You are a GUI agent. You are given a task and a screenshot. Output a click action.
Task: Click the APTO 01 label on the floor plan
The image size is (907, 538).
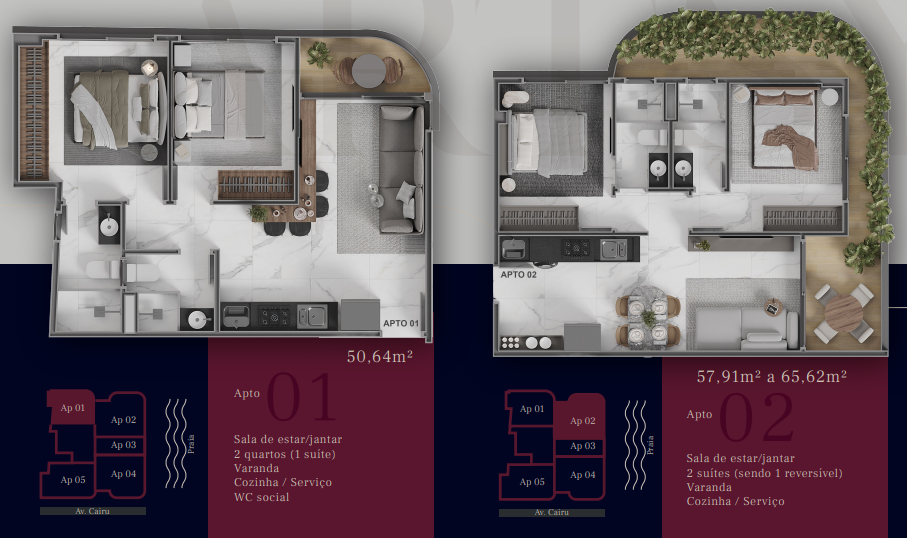click(x=401, y=323)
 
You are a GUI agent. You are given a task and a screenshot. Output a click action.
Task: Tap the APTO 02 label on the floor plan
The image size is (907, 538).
click(x=518, y=275)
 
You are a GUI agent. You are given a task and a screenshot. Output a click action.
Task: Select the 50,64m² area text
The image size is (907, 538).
click(x=379, y=356)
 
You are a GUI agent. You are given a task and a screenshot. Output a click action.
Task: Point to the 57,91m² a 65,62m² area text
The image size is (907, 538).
click(x=772, y=377)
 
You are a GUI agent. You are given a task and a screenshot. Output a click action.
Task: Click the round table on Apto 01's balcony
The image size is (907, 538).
click(x=368, y=71)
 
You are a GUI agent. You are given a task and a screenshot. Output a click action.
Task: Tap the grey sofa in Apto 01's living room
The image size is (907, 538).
click(x=401, y=169)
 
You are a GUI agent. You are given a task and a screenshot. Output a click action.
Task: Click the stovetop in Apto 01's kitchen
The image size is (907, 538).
click(x=275, y=316)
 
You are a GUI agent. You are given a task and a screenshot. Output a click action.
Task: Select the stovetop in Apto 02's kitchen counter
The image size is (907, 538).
click(x=577, y=249)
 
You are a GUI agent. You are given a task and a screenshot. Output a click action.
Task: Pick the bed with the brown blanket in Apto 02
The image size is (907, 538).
click(x=786, y=129)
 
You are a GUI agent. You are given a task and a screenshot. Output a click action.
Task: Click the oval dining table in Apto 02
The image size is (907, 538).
click(x=647, y=319)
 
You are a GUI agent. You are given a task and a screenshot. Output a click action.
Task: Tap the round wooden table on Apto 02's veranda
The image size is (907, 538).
click(x=843, y=313)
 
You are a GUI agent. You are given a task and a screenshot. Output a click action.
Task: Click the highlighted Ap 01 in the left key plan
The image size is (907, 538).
click(x=72, y=408)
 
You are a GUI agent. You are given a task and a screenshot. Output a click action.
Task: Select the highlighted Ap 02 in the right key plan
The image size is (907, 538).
click(x=582, y=421)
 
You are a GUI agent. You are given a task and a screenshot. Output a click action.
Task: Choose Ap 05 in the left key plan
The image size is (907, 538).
click(x=73, y=480)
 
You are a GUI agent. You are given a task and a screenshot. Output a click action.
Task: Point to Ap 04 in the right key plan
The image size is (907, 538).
click(x=582, y=475)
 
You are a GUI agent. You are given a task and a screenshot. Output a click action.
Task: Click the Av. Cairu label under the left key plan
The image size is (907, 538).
click(x=93, y=511)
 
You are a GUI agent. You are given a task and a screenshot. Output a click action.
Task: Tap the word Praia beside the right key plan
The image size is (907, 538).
click(x=650, y=445)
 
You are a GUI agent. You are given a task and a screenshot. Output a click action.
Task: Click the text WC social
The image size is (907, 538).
click(x=261, y=497)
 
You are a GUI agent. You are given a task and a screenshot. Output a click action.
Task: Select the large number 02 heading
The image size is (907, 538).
click(x=757, y=417)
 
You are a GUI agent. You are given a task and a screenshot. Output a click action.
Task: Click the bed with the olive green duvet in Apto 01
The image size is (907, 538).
click(x=116, y=109)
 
